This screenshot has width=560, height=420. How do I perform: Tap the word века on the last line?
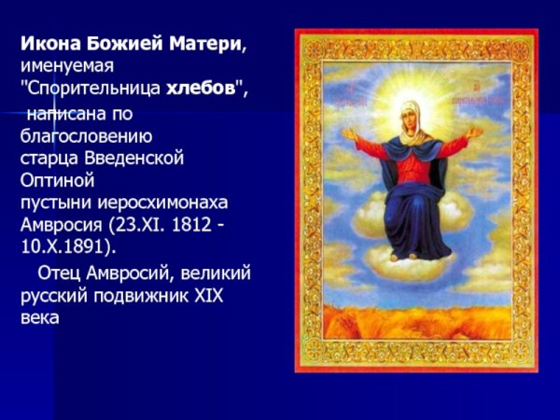[x=39, y=319]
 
